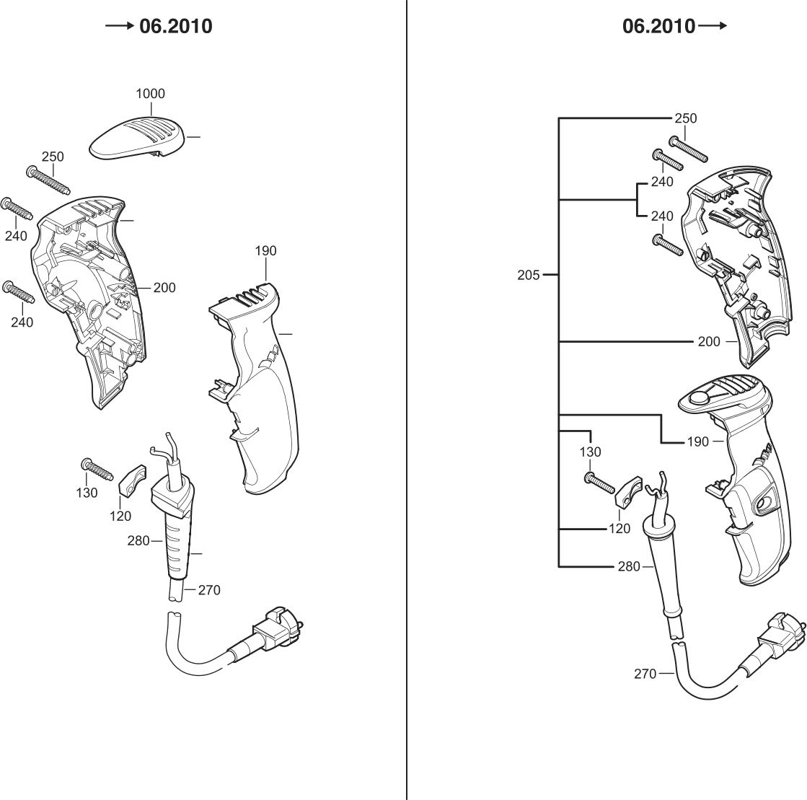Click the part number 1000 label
tap(150, 94)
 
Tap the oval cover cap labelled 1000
tap(137, 137)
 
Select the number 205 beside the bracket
tap(529, 275)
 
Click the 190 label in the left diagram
tap(265, 251)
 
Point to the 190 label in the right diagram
tap(697, 441)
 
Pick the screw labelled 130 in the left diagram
tap(99, 469)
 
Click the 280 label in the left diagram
tap(138, 540)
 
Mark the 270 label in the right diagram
tap(645, 674)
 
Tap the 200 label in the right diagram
tap(709, 341)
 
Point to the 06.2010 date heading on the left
tap(176, 27)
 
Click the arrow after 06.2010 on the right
tap(713, 27)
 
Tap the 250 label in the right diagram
tap(685, 118)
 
